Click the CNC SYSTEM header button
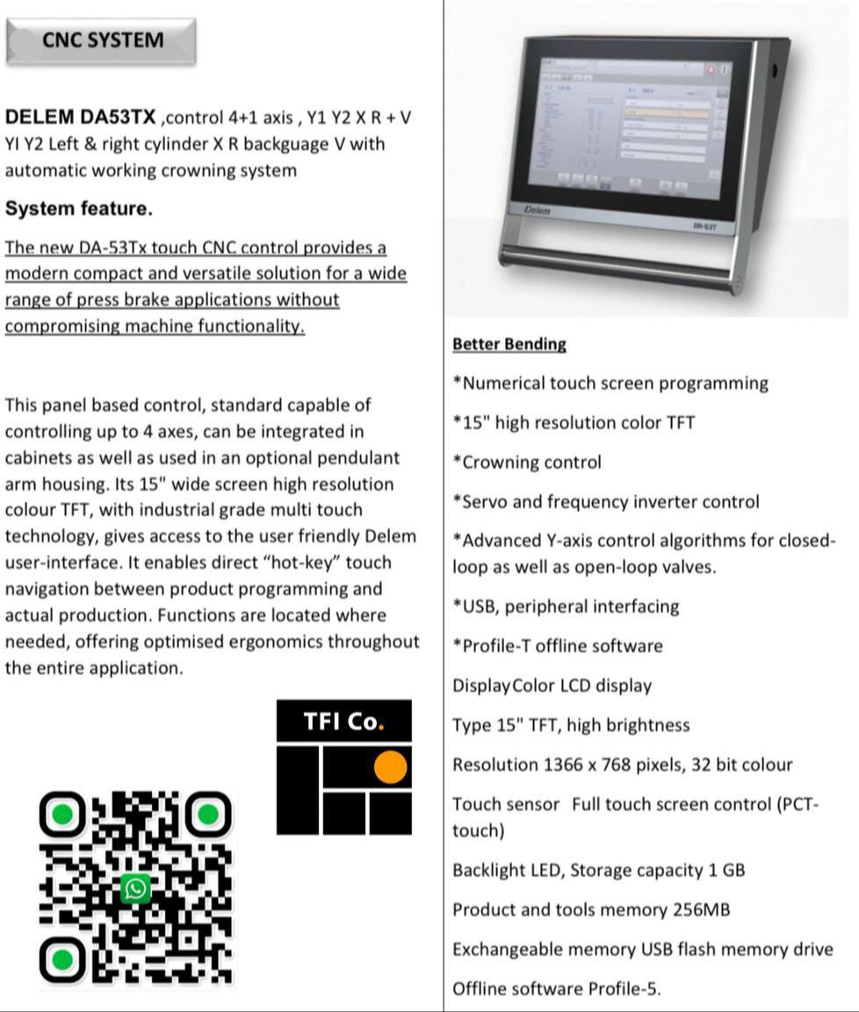(x=101, y=40)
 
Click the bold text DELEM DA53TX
(x=81, y=118)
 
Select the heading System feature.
(x=78, y=209)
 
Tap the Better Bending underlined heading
(x=509, y=344)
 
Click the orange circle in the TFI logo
(x=390, y=767)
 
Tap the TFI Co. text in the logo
(x=343, y=721)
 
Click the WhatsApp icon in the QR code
(x=135, y=889)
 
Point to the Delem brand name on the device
(x=537, y=211)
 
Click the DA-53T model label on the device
(x=703, y=226)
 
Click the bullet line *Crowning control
(x=526, y=463)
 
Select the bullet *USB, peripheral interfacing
(x=566, y=606)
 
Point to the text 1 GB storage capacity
(x=726, y=871)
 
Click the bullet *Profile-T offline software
(x=557, y=646)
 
